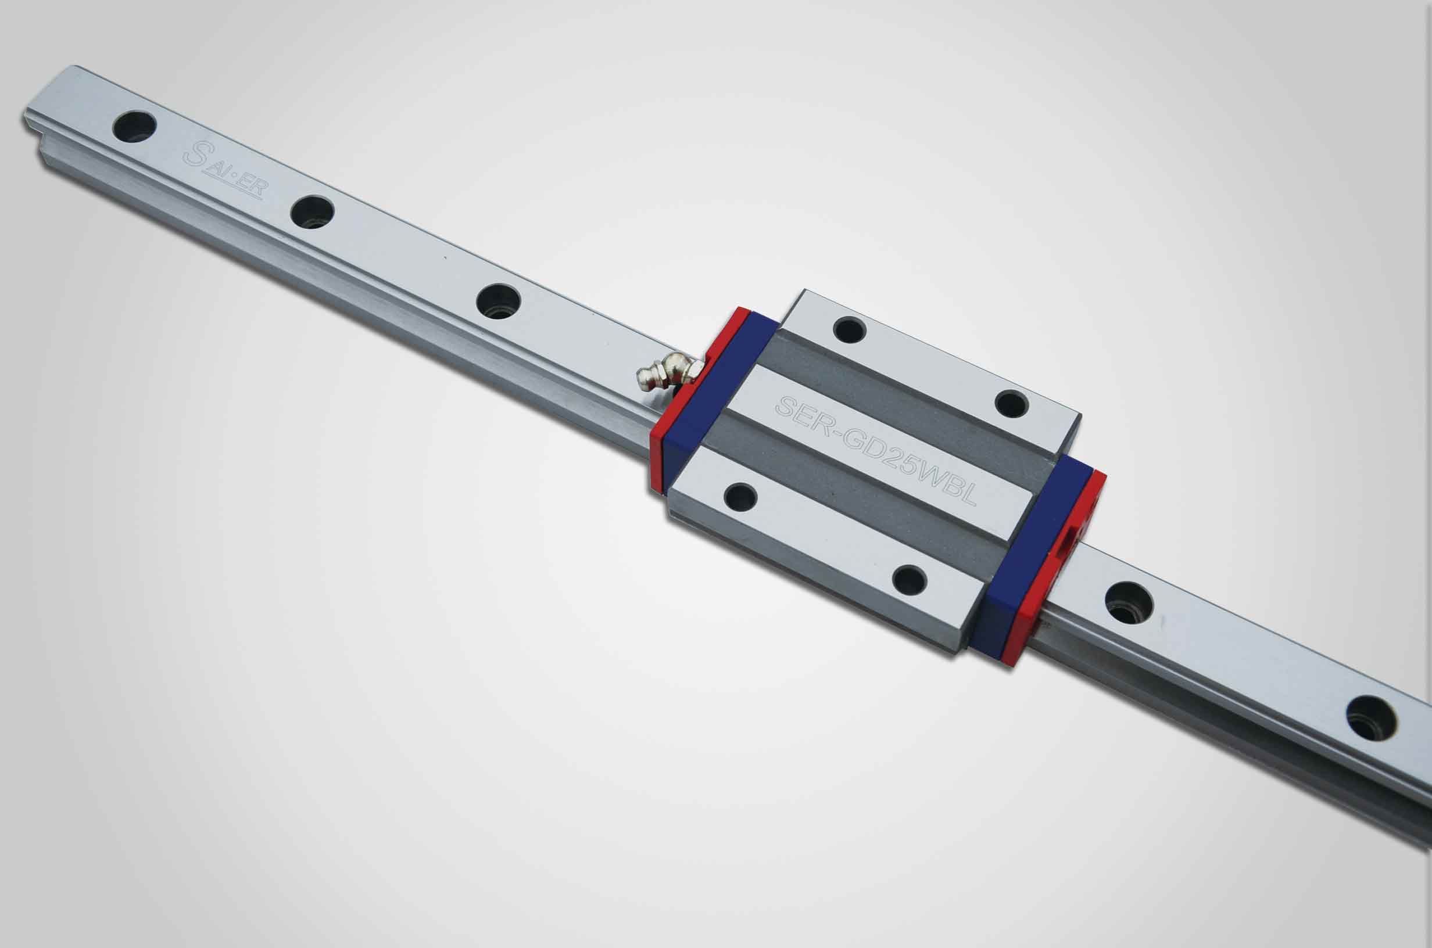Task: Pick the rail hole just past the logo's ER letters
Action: point(312,211)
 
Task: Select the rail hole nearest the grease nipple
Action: point(498,300)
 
